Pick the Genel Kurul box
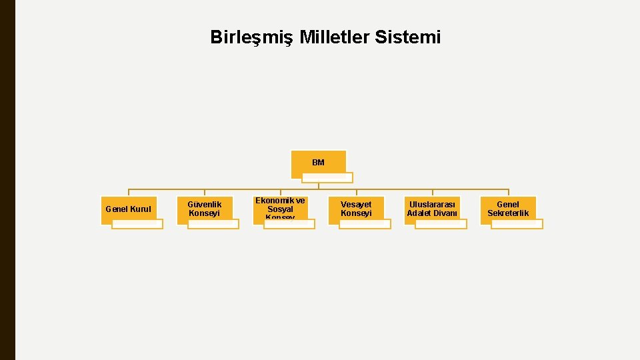coord(128,209)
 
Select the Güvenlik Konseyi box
coord(204,208)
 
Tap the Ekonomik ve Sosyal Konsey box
coord(280,207)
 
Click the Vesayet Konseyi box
coord(356,208)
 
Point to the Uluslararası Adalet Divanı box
coord(432,208)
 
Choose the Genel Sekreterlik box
coord(508,208)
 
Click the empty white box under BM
coord(327,178)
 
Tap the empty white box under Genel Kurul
coord(137,224)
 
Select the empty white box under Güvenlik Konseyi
coord(213,224)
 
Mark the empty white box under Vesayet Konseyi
coord(365,224)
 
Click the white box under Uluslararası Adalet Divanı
coord(441,224)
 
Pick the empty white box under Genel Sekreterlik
coord(517,224)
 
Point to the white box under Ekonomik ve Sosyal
coord(289,224)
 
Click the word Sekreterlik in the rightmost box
coord(508,213)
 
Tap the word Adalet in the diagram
coord(420,213)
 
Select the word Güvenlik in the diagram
coord(204,204)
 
